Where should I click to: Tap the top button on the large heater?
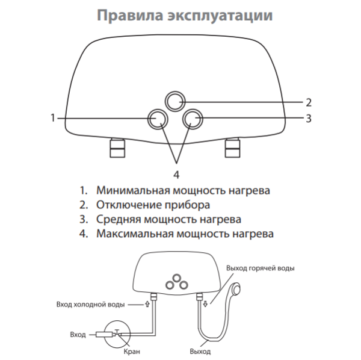point(176,101)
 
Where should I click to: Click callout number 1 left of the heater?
point(53,117)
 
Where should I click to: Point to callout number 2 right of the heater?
point(307,101)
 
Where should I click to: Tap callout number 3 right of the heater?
point(307,118)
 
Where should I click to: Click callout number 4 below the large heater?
point(176,175)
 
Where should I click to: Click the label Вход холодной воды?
point(90,305)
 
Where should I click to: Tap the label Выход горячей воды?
point(260,268)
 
